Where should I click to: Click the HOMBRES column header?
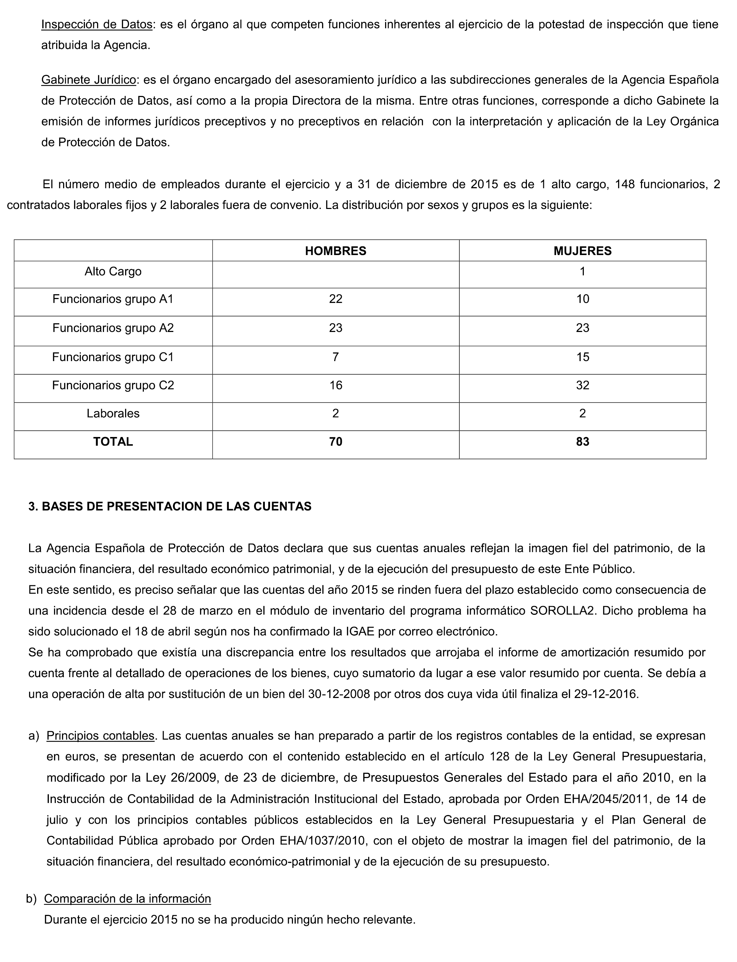coord(336,251)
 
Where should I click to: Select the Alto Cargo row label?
coord(113,272)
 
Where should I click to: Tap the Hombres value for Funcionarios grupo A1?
coord(336,299)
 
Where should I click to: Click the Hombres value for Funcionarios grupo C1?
coord(336,357)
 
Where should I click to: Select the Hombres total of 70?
coord(336,441)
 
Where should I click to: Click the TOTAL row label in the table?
coord(113,441)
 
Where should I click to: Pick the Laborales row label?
coord(113,413)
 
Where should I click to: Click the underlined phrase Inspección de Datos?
coord(96,25)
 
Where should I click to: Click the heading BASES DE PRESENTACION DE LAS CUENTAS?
coord(176,506)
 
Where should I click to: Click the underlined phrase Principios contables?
coord(101,736)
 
